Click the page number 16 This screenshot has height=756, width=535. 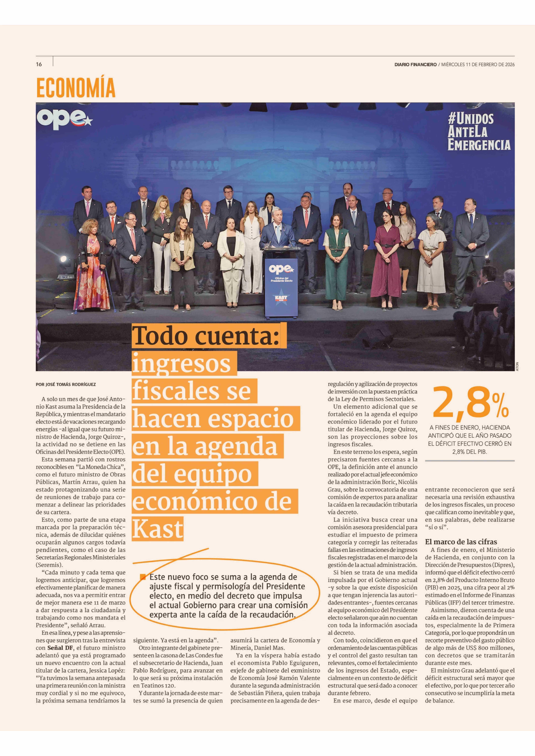point(39,65)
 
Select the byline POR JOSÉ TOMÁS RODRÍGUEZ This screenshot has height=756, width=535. point(66,384)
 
